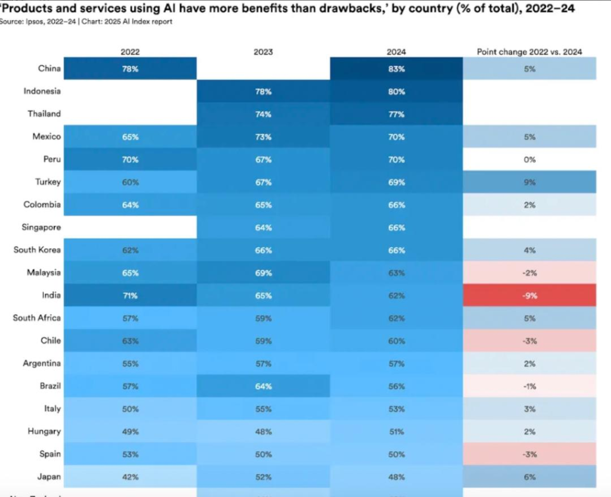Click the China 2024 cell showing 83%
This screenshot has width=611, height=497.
[396, 69]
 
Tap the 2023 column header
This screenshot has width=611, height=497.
[263, 52]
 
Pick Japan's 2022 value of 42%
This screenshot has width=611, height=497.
[131, 477]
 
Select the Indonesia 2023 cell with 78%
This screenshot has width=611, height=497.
[263, 92]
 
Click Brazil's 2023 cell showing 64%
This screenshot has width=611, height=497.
[263, 386]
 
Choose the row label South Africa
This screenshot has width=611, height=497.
[37, 318]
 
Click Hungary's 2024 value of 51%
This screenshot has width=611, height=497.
[396, 431]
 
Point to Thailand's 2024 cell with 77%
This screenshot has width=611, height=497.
[396, 114]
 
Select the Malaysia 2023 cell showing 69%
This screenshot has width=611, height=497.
[263, 273]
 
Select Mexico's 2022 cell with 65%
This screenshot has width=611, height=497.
[131, 137]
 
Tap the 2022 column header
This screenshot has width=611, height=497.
[130, 52]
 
